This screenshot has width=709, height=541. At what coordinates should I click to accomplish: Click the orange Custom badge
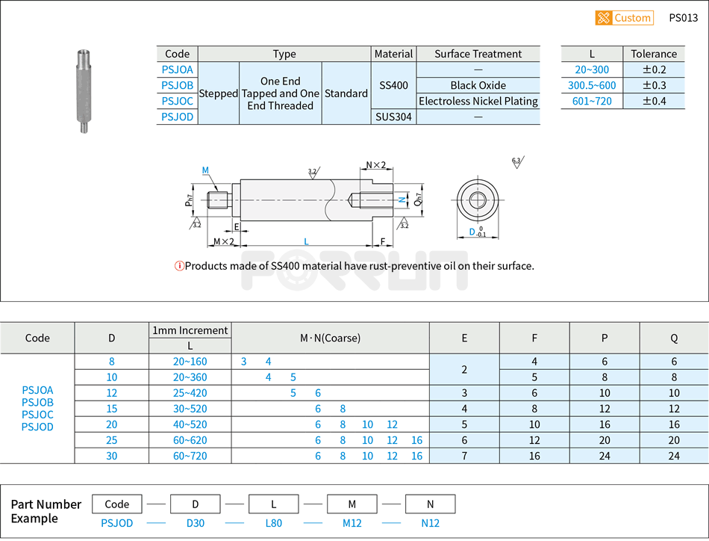(x=624, y=18)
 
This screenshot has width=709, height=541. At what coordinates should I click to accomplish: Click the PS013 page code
(x=683, y=18)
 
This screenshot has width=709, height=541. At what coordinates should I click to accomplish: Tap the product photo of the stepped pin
(x=84, y=91)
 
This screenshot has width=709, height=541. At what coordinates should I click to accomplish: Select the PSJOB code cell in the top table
(x=178, y=85)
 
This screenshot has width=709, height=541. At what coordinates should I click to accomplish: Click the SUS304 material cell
(x=393, y=117)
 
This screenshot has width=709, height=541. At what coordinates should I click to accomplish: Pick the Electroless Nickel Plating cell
(x=478, y=101)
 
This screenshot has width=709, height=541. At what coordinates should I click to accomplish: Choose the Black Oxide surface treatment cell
(x=478, y=85)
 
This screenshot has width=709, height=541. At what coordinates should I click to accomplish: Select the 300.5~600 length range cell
(x=592, y=85)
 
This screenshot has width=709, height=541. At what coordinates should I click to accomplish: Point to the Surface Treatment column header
(x=478, y=54)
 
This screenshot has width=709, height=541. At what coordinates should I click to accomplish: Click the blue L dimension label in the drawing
(x=306, y=241)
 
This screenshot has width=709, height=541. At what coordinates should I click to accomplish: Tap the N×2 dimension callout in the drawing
(x=375, y=165)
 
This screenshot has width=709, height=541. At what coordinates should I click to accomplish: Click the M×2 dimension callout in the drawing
(x=223, y=241)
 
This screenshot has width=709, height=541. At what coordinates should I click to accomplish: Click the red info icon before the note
(x=179, y=266)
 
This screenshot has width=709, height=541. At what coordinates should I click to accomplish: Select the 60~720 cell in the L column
(x=190, y=456)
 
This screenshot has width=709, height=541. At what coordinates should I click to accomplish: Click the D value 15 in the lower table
(x=112, y=409)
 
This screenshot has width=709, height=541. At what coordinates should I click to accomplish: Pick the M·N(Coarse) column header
(x=330, y=338)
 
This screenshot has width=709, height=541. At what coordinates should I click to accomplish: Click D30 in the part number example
(x=196, y=523)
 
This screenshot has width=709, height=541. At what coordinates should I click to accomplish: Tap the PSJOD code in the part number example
(x=117, y=523)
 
